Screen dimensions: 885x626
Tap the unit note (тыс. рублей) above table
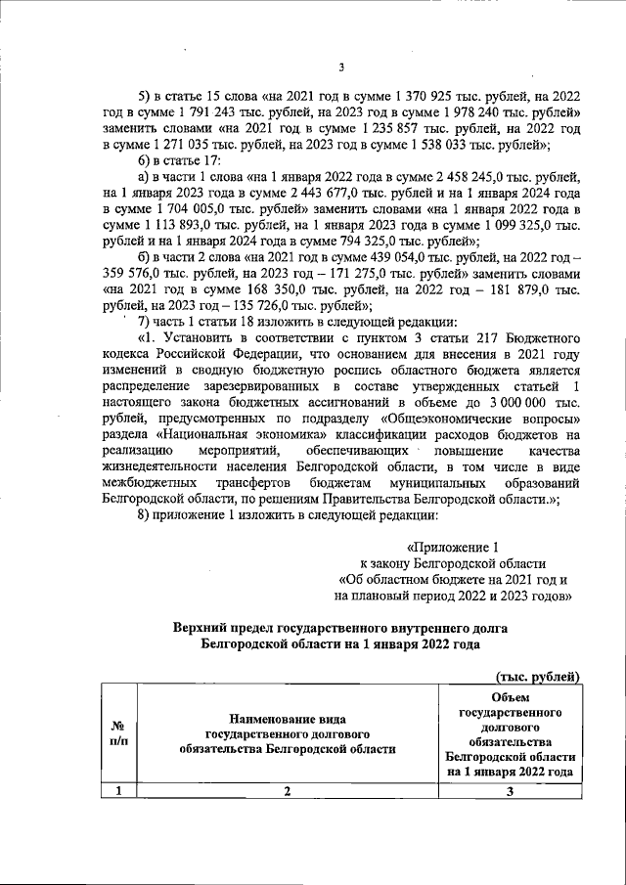pos(538,676)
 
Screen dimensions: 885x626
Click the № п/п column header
pos(117,734)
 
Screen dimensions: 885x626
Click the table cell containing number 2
pos(288,792)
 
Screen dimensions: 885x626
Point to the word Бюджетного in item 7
pos(539,337)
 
